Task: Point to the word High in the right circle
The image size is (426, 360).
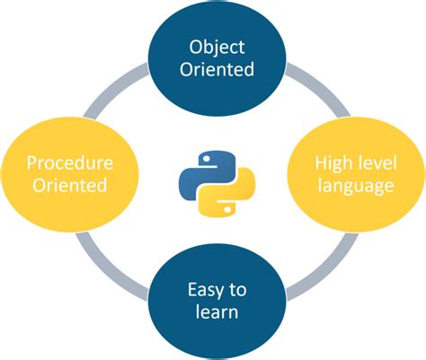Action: tap(332, 163)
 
